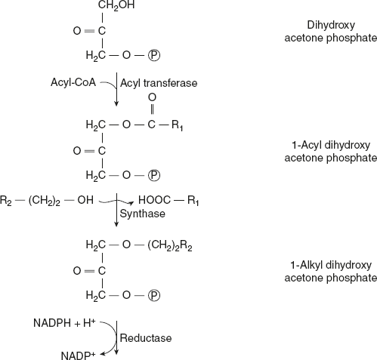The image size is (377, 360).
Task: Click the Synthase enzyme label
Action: (141, 214)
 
